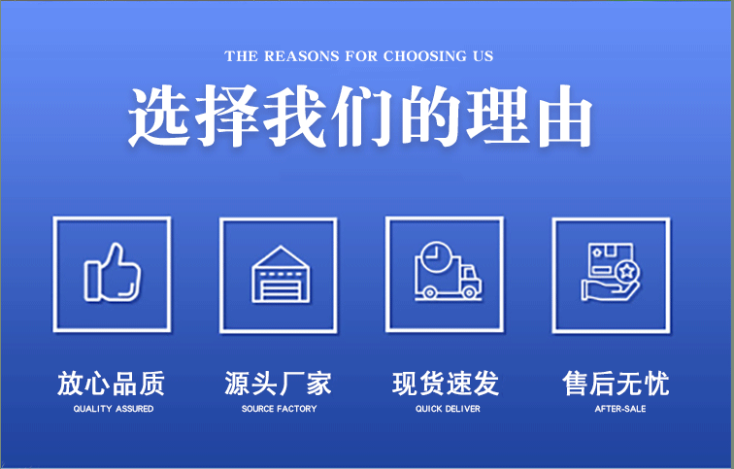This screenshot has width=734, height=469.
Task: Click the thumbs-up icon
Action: [x=113, y=272]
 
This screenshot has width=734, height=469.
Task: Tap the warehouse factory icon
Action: [x=281, y=274]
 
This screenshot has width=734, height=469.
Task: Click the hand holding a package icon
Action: [x=611, y=272]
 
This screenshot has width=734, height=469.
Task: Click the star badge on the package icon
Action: [x=627, y=272]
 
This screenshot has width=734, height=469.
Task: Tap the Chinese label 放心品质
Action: [x=112, y=384]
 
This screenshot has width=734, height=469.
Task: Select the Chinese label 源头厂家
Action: [x=278, y=384]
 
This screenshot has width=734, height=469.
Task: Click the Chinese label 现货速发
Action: [x=446, y=384]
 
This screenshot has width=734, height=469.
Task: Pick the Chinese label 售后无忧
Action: [x=616, y=384]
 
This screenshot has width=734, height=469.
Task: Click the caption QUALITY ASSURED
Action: [x=114, y=409]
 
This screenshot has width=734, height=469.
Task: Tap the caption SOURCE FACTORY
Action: [x=279, y=409]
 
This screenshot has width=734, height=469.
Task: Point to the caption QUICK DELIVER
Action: [x=448, y=409]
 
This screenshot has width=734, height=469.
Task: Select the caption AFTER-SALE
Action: [x=620, y=409]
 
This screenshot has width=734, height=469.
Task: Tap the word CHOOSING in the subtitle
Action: [x=425, y=56]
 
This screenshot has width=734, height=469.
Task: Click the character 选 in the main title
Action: [x=159, y=117]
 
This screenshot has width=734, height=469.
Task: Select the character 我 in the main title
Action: [x=295, y=117]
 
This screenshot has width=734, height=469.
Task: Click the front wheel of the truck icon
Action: [x=469, y=292]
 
